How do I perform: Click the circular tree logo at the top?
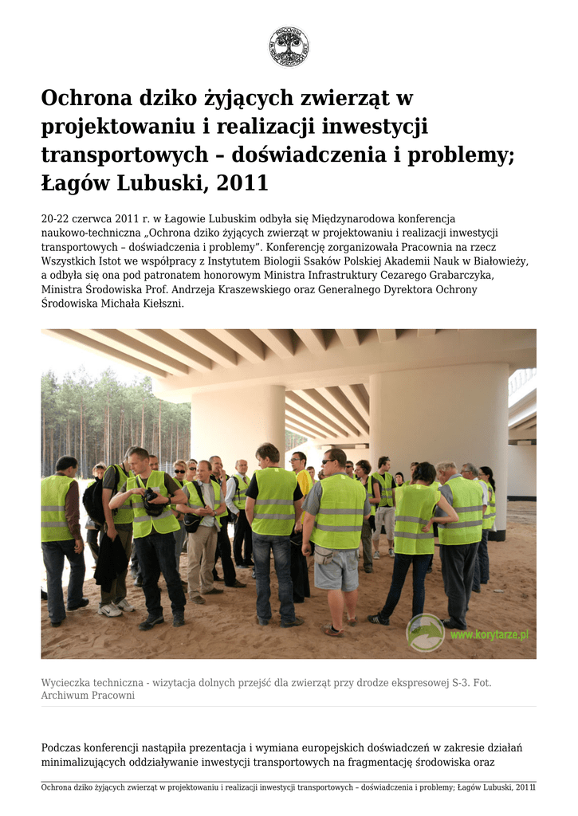(x=289, y=46)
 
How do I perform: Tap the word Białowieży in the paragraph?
(x=501, y=261)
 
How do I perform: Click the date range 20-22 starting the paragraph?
(x=55, y=218)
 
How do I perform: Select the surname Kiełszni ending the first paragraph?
(x=163, y=304)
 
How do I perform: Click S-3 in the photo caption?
(x=458, y=682)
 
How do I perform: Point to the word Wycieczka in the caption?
(x=66, y=682)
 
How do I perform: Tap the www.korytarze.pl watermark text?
(x=489, y=635)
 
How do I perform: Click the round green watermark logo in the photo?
(x=426, y=632)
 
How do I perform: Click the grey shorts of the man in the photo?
(x=336, y=567)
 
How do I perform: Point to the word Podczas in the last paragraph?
(x=62, y=747)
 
